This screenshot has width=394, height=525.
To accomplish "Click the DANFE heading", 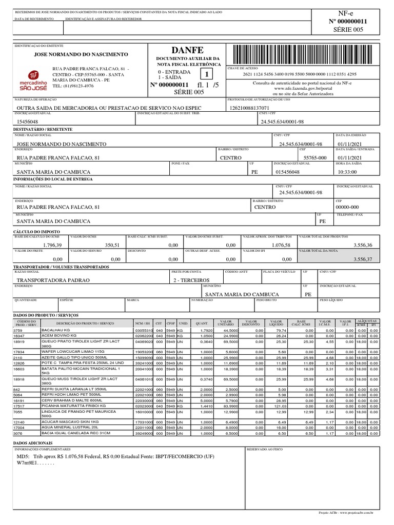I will click(x=187, y=50).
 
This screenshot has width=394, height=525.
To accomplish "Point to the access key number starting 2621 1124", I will click(x=300, y=74).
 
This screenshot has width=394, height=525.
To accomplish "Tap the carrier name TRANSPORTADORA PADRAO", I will click(x=53, y=280).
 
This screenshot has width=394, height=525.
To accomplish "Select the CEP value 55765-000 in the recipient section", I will click(x=315, y=158).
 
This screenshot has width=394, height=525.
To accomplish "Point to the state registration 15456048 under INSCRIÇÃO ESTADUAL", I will click(x=28, y=121).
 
